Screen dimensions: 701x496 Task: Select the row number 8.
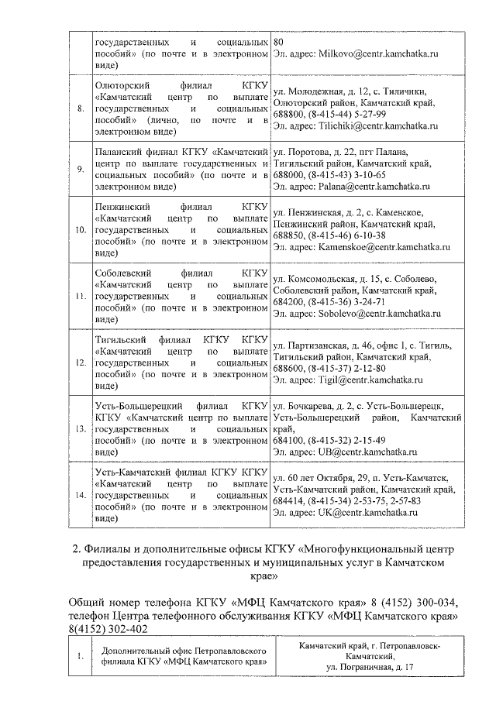[80, 108]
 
